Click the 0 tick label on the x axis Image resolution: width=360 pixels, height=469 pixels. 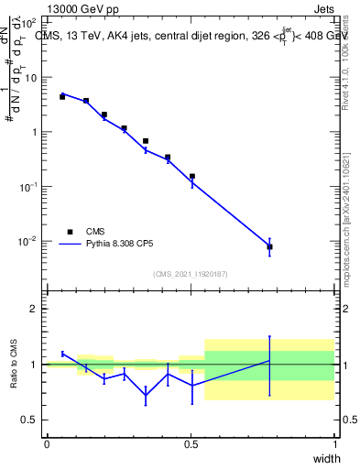tap(47, 445)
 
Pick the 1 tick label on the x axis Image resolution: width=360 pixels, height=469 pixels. tap(335, 445)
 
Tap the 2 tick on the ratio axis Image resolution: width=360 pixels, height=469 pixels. tap(34, 309)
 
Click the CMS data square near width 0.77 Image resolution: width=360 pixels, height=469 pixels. tap(269, 247)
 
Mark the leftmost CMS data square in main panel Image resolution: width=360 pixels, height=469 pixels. tap(62, 96)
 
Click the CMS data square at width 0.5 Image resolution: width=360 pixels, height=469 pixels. tap(192, 176)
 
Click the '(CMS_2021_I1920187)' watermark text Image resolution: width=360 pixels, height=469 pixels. tap(191, 274)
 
